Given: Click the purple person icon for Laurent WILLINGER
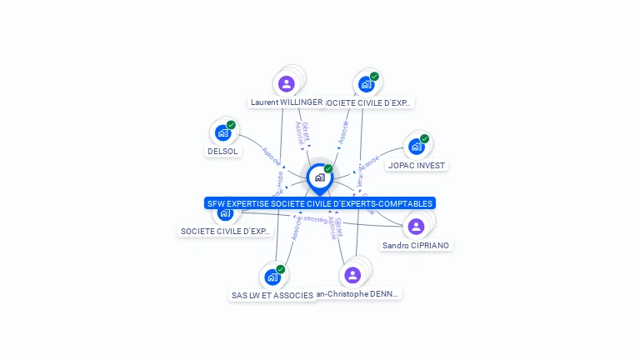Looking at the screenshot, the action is click(287, 83).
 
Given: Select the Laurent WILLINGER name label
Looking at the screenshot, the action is click(286, 102).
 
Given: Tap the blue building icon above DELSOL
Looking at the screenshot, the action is click(222, 132).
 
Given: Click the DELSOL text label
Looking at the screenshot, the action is click(222, 152).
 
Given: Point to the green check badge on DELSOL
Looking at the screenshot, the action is click(231, 125).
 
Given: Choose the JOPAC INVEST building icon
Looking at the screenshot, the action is click(416, 147).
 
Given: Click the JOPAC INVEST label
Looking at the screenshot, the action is click(417, 165).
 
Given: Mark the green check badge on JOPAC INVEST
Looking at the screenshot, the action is click(424, 139).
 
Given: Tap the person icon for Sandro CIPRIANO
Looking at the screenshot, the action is click(416, 227).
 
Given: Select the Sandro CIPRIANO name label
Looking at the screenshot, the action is click(416, 246).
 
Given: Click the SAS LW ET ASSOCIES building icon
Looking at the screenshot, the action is click(272, 277).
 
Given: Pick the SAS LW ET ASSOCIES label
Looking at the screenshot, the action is click(272, 295).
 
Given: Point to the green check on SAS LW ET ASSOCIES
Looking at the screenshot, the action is click(281, 269).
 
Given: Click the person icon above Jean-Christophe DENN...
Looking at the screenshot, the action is click(352, 275).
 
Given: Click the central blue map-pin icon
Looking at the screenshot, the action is click(319, 177).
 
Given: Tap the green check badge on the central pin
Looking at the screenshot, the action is click(328, 169).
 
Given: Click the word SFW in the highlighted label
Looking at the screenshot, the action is click(216, 203).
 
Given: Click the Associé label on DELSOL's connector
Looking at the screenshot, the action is click(271, 155).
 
